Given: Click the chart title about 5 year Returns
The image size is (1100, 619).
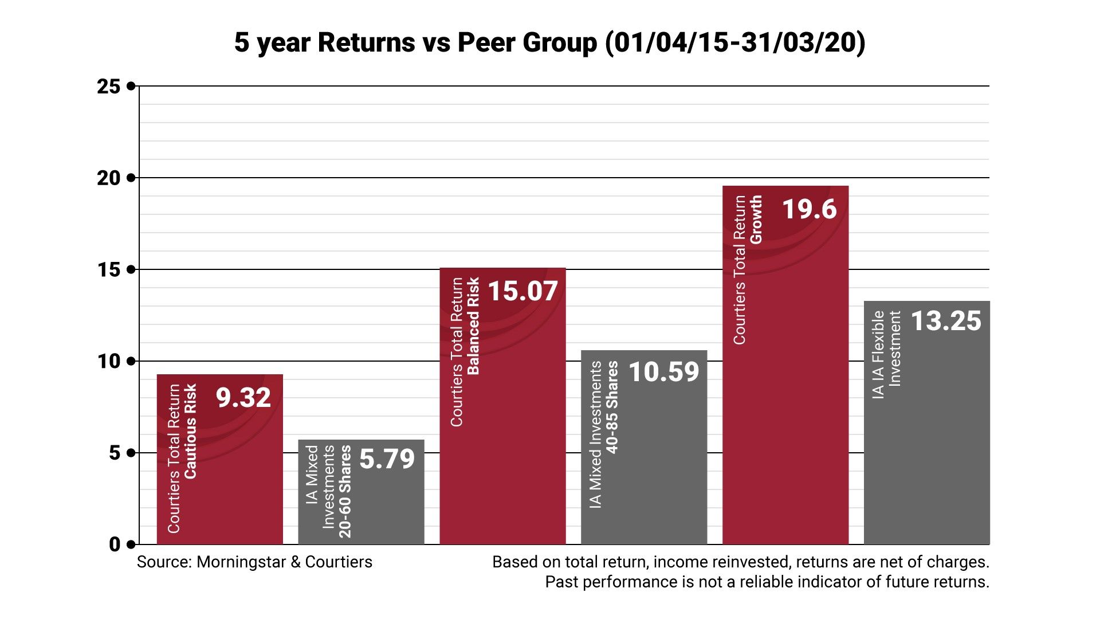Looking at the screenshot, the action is pyautogui.click(x=549, y=43).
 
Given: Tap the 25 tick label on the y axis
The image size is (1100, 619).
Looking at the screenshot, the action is pyautogui.click(x=109, y=87).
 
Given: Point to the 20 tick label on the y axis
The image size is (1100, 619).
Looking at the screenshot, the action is pyautogui.click(x=109, y=178).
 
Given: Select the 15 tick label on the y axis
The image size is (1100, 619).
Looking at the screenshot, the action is pyautogui.click(x=109, y=270).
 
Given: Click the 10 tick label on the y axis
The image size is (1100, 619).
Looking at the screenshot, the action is pyautogui.click(x=109, y=362).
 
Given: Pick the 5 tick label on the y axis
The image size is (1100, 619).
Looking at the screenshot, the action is pyautogui.click(x=115, y=453).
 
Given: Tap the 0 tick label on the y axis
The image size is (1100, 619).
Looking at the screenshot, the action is pyautogui.click(x=115, y=545).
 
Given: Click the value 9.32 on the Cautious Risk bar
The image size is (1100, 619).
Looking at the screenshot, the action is pyautogui.click(x=243, y=398).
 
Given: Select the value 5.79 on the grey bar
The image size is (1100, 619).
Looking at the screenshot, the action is pyautogui.click(x=387, y=459).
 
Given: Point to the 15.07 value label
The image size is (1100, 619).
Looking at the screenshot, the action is pyautogui.click(x=522, y=291).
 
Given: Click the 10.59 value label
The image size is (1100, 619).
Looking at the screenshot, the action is pyautogui.click(x=664, y=372).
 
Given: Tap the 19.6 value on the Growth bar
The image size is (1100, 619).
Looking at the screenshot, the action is pyautogui.click(x=810, y=209).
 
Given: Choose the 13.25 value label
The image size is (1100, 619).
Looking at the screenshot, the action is pyautogui.click(x=946, y=321).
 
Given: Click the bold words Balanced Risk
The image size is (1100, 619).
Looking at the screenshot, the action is pyautogui.click(x=474, y=326).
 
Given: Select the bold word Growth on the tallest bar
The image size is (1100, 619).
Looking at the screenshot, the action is pyautogui.click(x=756, y=219).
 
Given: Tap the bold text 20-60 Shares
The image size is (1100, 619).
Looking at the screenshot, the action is pyautogui.click(x=345, y=492).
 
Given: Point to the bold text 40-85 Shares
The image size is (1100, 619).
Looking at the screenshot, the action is pyautogui.click(x=612, y=407).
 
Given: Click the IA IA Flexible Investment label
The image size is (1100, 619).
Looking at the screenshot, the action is pyautogui.click(x=886, y=354).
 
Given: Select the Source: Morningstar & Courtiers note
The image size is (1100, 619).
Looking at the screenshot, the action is pyautogui.click(x=254, y=562).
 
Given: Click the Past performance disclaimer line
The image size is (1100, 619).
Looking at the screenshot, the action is pyautogui.click(x=767, y=582).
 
